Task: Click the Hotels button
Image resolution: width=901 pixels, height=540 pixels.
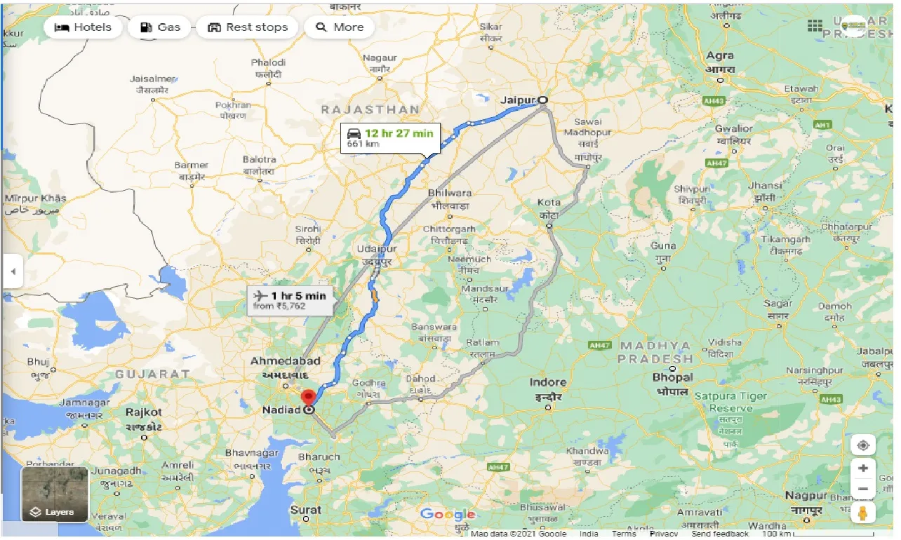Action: [x=83, y=27]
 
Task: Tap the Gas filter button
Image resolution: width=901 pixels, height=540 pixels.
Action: [x=160, y=27]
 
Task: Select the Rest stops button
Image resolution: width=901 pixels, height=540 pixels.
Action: [x=248, y=27]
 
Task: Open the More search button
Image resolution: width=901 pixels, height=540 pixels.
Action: [x=340, y=27]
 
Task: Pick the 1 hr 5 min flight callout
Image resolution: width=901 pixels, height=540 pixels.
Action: [x=290, y=299]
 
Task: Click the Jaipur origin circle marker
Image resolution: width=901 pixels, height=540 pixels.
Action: [x=542, y=100]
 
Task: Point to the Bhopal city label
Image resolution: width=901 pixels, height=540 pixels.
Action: [x=672, y=377]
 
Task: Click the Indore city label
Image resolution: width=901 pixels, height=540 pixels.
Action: [x=547, y=382]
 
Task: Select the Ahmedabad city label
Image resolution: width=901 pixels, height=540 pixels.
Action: [x=286, y=361]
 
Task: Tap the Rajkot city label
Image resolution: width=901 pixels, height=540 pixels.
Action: [x=144, y=412]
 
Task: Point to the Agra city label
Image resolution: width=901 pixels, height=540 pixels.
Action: [x=720, y=55]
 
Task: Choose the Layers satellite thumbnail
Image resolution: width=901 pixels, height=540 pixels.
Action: [x=55, y=494]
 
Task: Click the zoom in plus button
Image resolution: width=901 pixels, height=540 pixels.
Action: [x=862, y=468]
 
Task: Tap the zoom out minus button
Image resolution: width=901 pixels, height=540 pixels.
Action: [x=862, y=489]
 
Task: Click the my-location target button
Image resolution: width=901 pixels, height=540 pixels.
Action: [x=862, y=445]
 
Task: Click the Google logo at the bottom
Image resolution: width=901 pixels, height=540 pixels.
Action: [x=448, y=515]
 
